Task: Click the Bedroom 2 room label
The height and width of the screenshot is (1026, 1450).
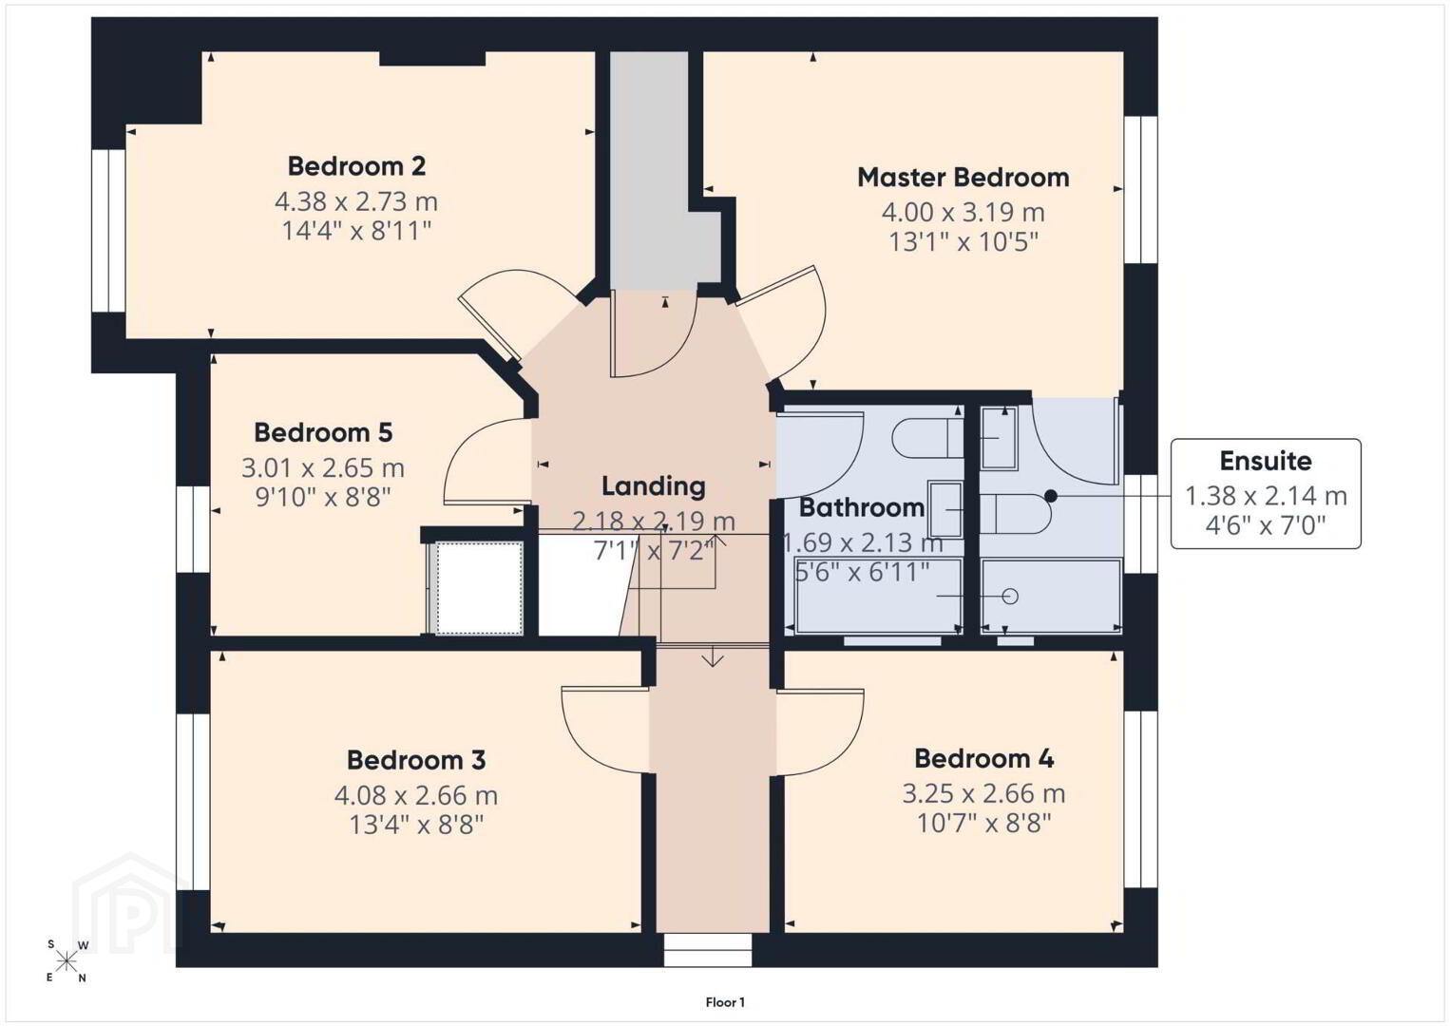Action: pos(356,166)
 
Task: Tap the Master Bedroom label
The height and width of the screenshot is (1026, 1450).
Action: pos(963,178)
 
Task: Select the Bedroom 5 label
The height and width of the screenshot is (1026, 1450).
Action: pos(323,432)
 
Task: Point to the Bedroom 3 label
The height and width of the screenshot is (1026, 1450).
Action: pos(416,760)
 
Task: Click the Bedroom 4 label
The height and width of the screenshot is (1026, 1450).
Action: pos(984,758)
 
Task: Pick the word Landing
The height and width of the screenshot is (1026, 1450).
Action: pos(654,486)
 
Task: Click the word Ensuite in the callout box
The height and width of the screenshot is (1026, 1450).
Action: pos(1266,461)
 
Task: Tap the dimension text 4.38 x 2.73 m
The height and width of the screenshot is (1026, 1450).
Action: pos(356,202)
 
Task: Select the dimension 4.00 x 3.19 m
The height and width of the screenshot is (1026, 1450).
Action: pos(963,212)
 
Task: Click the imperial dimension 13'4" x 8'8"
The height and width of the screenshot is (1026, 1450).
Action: pos(416,825)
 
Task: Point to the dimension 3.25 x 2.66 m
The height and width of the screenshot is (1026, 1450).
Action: pos(984,793)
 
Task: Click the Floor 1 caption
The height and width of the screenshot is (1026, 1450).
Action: pos(725,1002)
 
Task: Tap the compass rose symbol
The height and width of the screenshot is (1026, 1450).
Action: pos(67,961)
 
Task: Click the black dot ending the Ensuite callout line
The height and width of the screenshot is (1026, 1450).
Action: pos(1051,496)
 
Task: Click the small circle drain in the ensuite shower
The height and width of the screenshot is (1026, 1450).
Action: pos(1010,597)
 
